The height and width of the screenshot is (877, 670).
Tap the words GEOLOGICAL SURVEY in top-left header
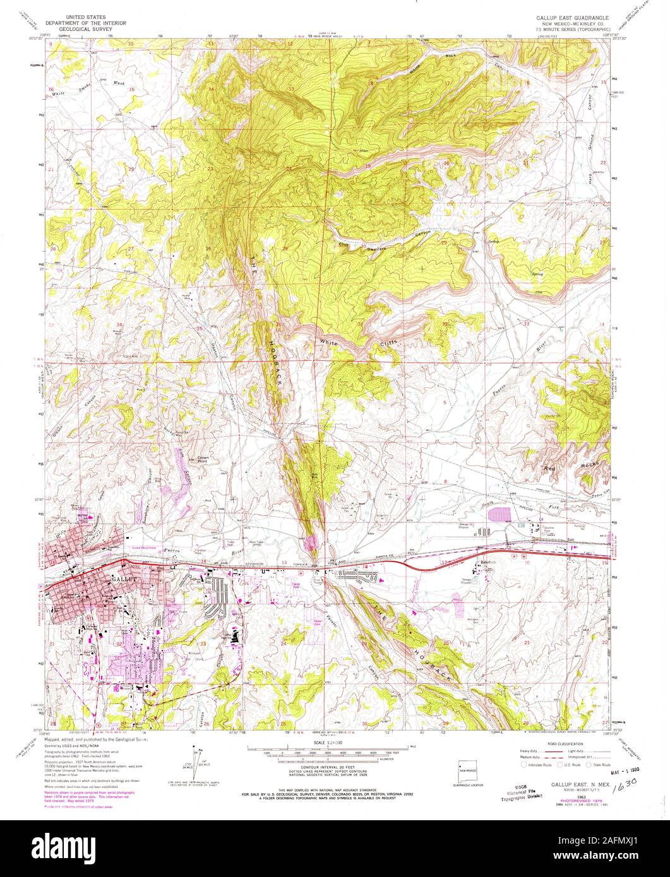coord(95,28)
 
